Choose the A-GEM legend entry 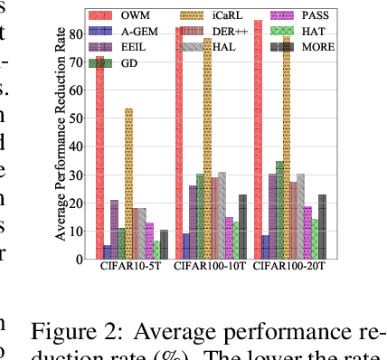133,31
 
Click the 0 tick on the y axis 88,259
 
